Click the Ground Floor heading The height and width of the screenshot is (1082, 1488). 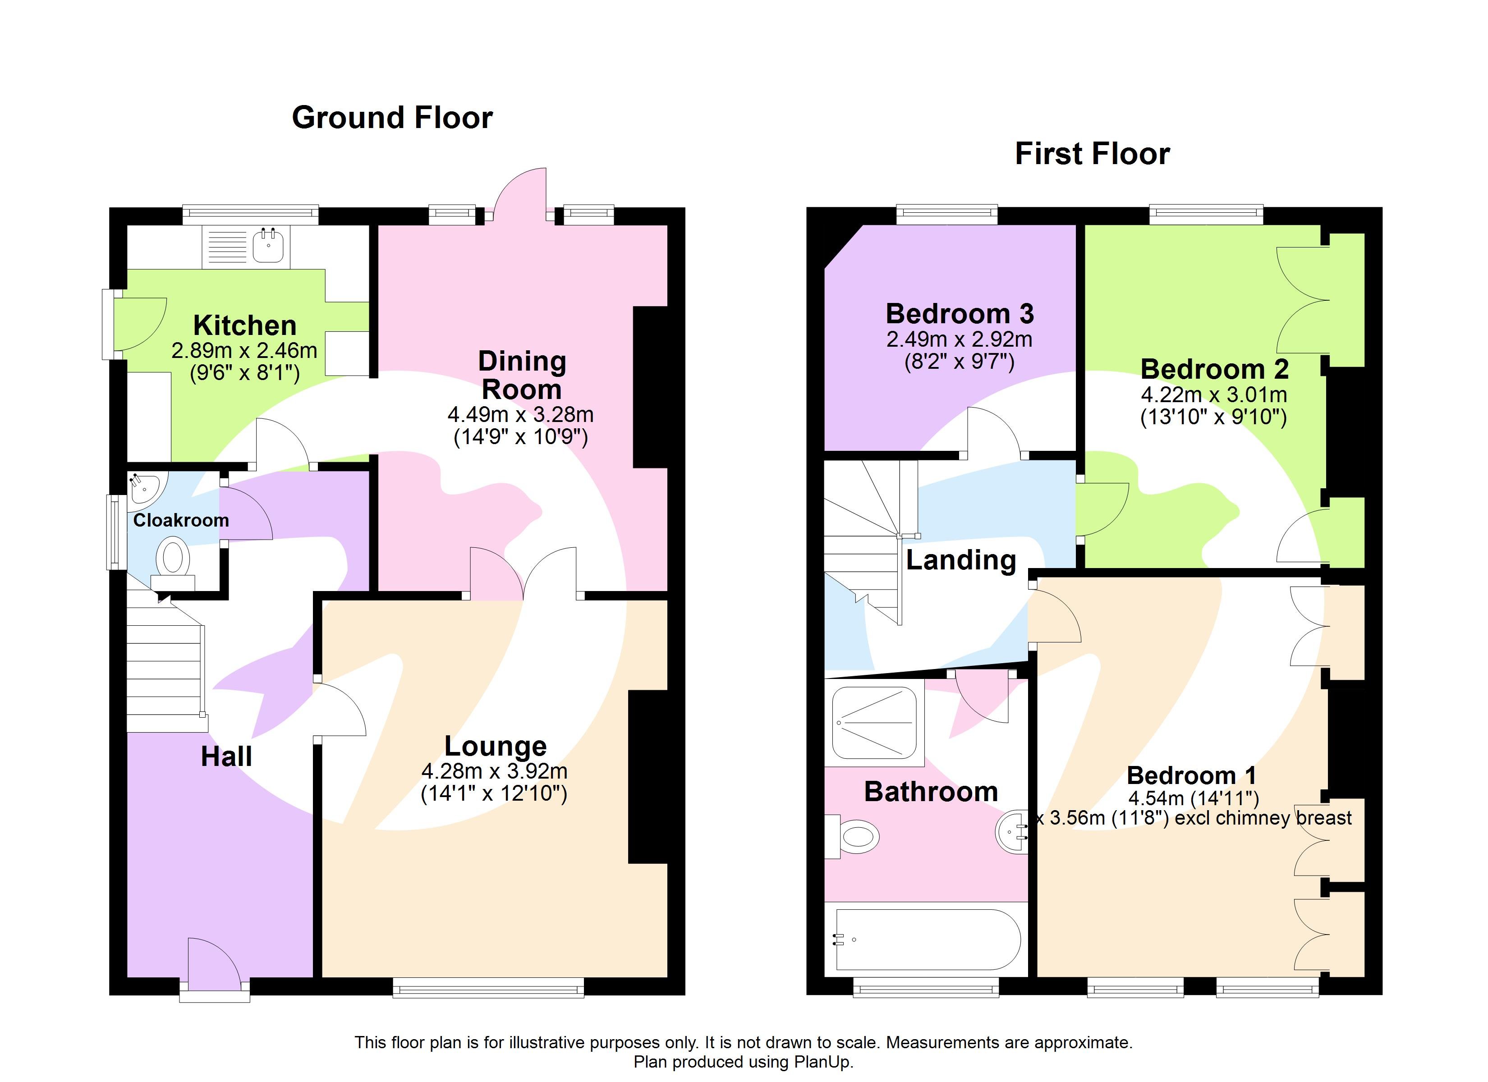click(x=392, y=118)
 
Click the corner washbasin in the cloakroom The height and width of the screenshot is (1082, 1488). click(x=145, y=489)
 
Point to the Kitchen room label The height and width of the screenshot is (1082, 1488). click(x=245, y=326)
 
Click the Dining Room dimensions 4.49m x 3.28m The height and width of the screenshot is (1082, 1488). click(x=520, y=415)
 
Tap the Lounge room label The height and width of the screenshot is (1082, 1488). click(x=496, y=746)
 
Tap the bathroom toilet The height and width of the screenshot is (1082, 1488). click(x=856, y=837)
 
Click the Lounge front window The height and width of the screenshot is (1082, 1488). click(x=488, y=987)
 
